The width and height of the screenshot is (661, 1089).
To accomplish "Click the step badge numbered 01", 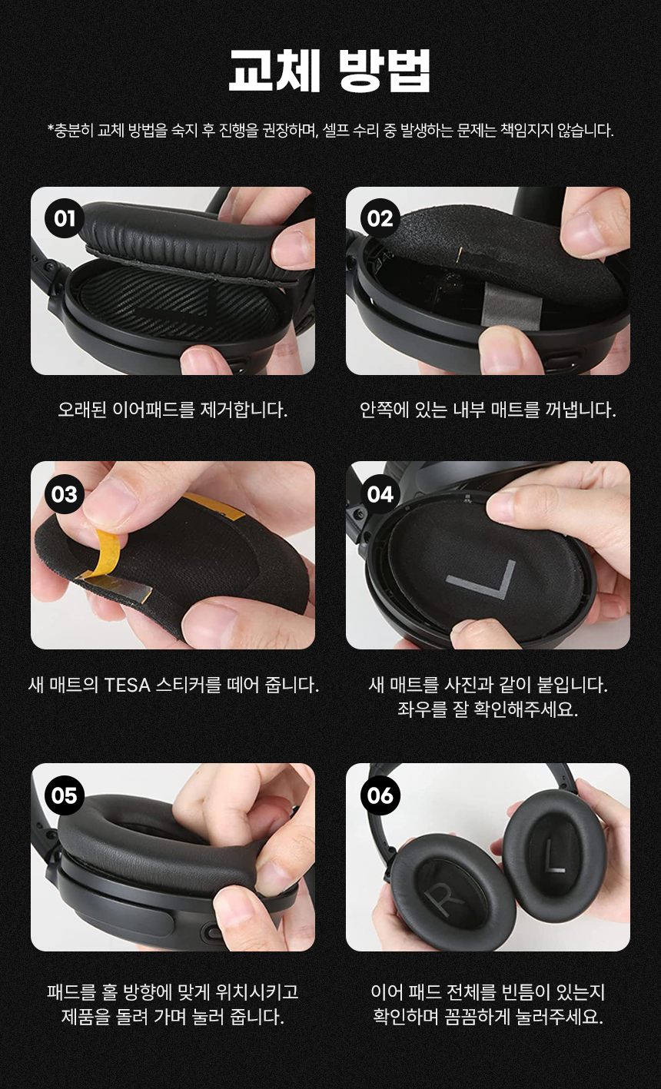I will point(65,219).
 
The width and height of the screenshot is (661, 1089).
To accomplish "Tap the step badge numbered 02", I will point(380,219).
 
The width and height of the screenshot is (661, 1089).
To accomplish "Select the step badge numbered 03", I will point(65,493).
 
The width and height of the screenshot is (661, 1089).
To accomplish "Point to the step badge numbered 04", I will point(380,493).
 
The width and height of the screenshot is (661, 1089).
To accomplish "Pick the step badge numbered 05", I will point(65,795).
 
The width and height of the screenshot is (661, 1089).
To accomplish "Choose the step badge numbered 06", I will point(380,795).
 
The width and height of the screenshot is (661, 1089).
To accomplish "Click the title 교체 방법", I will point(330,71).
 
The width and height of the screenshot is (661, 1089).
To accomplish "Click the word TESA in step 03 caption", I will point(127,684).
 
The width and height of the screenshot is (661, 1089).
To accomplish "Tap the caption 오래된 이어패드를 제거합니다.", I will point(172,410).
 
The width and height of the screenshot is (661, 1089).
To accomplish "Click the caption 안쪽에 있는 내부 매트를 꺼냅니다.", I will point(487,410).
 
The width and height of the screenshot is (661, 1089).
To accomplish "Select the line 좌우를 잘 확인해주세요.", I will point(487,709).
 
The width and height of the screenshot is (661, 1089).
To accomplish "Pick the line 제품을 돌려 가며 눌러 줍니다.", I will point(172,1017).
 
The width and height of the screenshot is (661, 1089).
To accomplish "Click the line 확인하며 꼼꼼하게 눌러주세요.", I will point(487,1017).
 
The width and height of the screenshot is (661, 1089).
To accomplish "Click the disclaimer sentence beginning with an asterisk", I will point(330,130).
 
